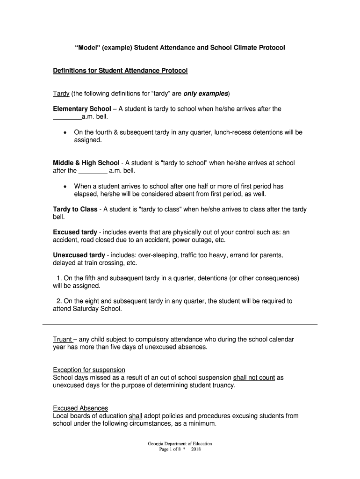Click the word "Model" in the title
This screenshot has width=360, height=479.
pyautogui.click(x=89, y=48)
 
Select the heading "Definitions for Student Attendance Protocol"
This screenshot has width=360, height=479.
pyautogui.click(x=120, y=71)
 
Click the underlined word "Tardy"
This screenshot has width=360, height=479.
pyautogui.click(x=61, y=94)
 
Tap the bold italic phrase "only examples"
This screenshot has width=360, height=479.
pyautogui.click(x=206, y=94)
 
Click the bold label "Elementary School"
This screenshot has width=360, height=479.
pyautogui.click(x=82, y=109)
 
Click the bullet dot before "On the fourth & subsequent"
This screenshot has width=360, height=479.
pyautogui.click(x=65, y=133)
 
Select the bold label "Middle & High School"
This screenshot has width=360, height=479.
pyautogui.click(x=86, y=163)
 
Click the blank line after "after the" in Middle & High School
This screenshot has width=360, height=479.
pyautogui.click(x=93, y=171)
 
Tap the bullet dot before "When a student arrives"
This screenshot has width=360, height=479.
pyautogui.click(x=65, y=187)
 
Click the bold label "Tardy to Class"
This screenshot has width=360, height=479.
pyautogui.click(x=75, y=210)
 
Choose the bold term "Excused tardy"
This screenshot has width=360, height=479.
pyautogui.click(x=75, y=232)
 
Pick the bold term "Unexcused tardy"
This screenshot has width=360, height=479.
pyautogui.click(x=79, y=255)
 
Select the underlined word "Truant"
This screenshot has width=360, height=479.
pyautogui.click(x=62, y=339)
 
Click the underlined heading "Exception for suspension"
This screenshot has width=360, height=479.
pyautogui.click(x=89, y=370)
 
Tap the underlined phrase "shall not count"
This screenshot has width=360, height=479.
pyautogui.click(x=254, y=377)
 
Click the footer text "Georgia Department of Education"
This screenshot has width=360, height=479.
pyautogui.click(x=180, y=443)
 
